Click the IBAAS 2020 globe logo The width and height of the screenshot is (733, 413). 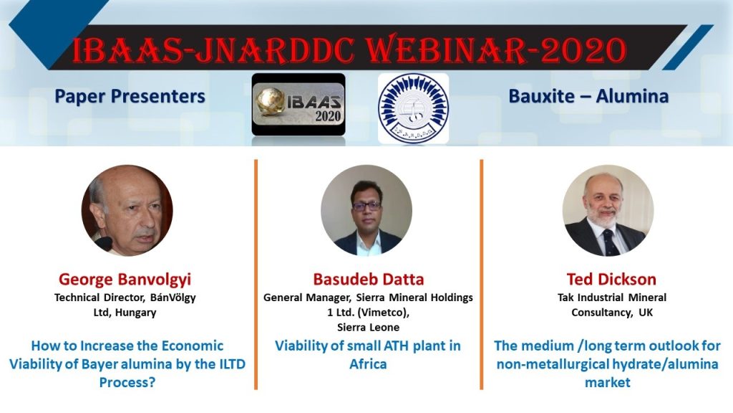point(298,104)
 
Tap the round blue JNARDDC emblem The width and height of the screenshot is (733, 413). point(413,108)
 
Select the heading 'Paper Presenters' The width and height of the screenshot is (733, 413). point(130,97)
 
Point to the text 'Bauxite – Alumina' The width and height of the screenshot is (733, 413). point(588,97)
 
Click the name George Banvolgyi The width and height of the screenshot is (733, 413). point(125,280)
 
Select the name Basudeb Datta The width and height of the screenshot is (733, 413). point(369,279)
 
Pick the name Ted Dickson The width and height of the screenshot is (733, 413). point(611,279)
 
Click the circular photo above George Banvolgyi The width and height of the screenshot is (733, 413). point(127,210)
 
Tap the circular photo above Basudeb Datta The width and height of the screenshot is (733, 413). point(366,210)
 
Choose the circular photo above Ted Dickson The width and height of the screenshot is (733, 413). point(608,210)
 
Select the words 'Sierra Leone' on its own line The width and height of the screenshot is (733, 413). point(369,327)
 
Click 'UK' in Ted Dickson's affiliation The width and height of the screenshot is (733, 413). point(646,313)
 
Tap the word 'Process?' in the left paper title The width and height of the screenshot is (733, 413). point(127,383)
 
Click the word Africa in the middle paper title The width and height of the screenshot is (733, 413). point(368,364)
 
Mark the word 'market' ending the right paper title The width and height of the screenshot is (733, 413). point(608,383)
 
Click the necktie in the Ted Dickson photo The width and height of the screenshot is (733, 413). point(609,242)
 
